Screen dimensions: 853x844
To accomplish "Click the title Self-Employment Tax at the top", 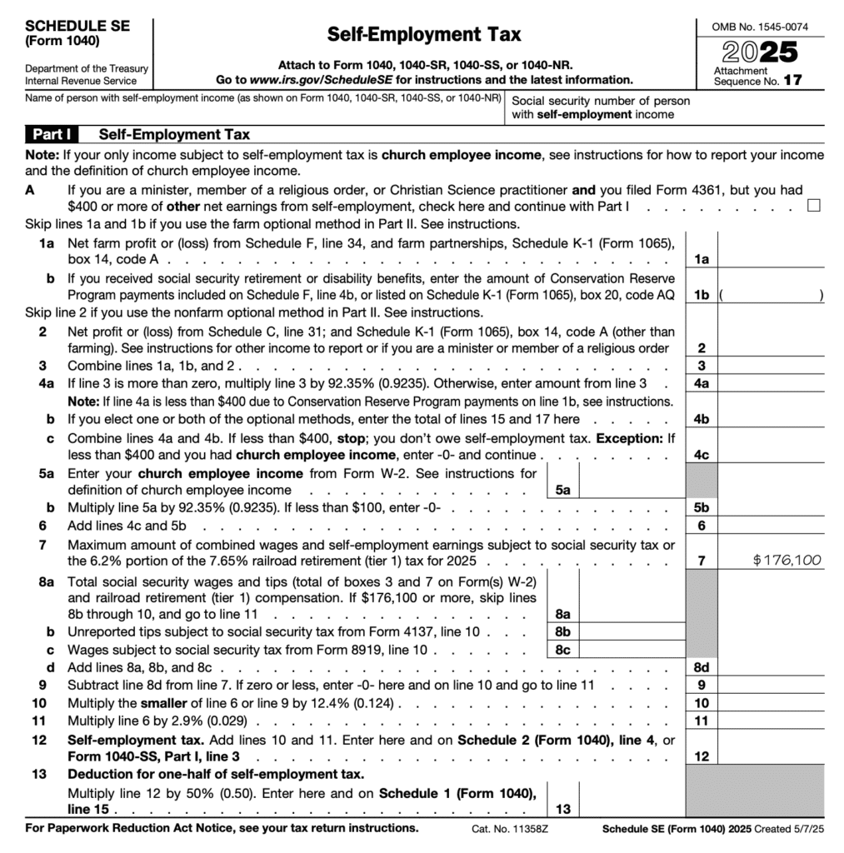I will click(423, 34).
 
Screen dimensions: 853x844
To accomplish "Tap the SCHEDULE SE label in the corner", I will click(77, 26).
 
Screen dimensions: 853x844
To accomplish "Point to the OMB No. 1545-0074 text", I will click(760, 27).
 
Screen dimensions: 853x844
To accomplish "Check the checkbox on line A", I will click(814, 206).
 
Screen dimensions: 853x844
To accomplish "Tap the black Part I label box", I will click(55, 134).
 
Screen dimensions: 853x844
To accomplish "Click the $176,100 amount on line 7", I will click(787, 560).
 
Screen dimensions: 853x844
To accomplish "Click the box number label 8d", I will click(701, 667).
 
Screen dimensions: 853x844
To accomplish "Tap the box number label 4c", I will click(701, 455).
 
